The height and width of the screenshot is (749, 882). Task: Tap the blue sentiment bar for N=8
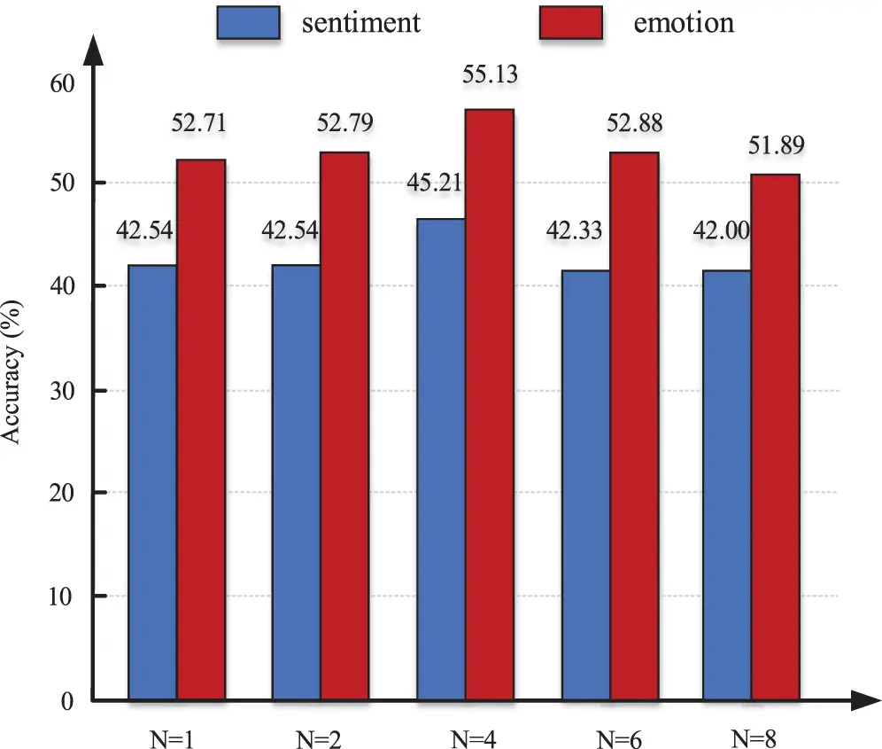(x=727, y=486)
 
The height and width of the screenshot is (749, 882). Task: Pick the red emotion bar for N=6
(x=634, y=426)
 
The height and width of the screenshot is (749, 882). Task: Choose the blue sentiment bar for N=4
(x=440, y=459)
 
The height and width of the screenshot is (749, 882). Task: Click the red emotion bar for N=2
(x=344, y=426)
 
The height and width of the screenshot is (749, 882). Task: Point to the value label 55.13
(x=490, y=74)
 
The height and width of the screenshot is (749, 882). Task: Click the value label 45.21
(x=434, y=184)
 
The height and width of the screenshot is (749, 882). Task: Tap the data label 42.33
(x=574, y=232)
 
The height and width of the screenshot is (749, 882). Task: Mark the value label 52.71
(x=198, y=123)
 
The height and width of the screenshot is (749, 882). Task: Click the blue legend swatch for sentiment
(x=248, y=22)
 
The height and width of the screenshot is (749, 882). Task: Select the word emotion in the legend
(x=684, y=22)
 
